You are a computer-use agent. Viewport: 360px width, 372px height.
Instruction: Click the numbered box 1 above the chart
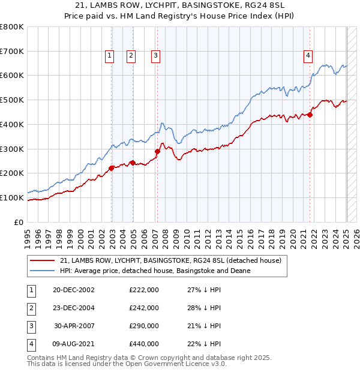coord(110,56)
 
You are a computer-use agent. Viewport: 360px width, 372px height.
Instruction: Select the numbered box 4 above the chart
coord(308,56)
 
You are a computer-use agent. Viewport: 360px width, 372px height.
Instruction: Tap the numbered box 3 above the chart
coord(155,56)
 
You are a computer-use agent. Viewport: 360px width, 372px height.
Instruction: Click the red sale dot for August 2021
coord(310,115)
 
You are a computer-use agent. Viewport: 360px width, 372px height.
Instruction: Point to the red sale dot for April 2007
coord(157,151)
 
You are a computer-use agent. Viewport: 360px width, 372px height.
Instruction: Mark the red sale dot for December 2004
coord(133,163)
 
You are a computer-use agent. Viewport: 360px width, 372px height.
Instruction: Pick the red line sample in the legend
coord(43,260)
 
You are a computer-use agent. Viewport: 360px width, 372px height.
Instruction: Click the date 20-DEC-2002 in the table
coord(74,290)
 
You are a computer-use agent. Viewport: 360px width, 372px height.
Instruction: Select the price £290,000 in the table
coord(144,326)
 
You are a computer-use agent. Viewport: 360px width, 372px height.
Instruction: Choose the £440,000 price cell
coord(144,344)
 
